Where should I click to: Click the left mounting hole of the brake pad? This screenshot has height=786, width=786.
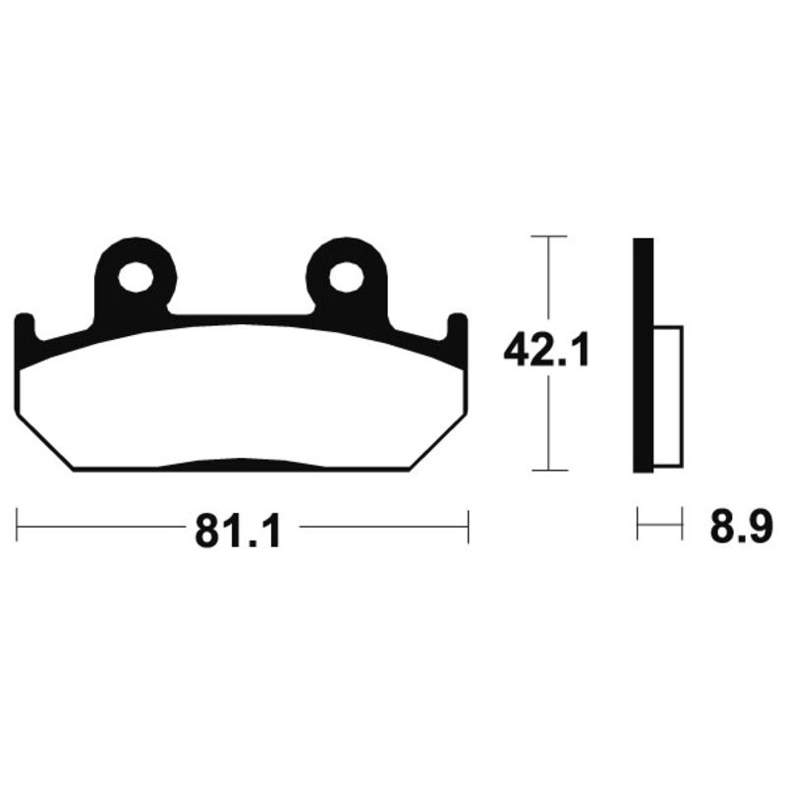(x=136, y=278)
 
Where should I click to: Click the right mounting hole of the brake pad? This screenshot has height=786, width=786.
(x=347, y=278)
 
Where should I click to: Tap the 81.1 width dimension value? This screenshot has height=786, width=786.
(x=239, y=532)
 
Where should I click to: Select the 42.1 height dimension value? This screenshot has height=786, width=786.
(x=546, y=350)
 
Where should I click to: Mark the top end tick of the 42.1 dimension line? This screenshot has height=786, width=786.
(x=548, y=237)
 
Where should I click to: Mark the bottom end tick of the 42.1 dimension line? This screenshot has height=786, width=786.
(x=548, y=470)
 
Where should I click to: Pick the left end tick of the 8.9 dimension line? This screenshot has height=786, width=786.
(x=638, y=525)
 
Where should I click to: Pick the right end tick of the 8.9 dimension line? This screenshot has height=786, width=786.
(x=681, y=525)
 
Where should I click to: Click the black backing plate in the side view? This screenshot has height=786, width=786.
(x=643, y=354)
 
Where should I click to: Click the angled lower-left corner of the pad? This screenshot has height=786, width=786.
(x=44, y=441)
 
